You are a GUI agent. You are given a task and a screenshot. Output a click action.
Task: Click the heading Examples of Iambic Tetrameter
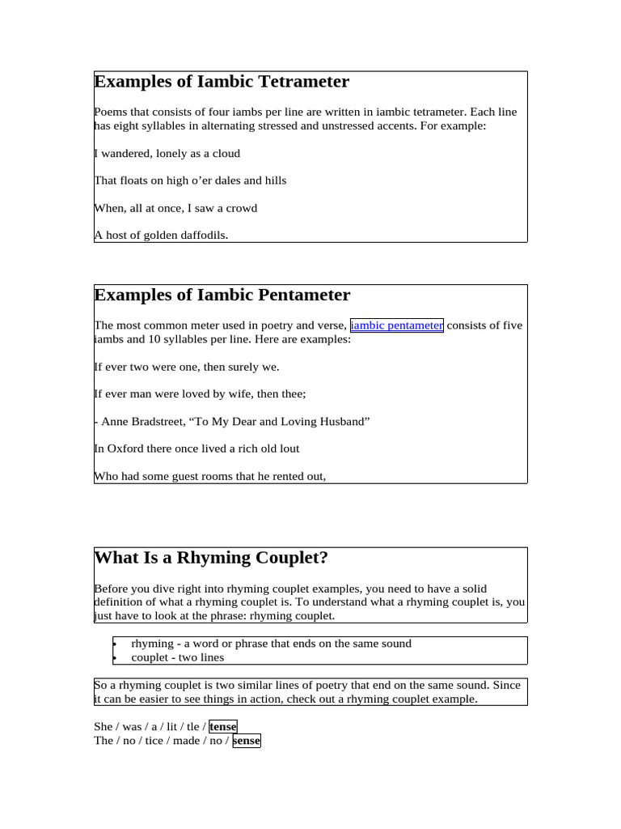click(x=222, y=82)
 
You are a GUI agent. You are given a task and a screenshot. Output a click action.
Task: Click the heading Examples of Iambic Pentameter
click(x=222, y=295)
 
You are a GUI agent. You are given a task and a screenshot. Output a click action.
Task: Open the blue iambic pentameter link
click(x=396, y=325)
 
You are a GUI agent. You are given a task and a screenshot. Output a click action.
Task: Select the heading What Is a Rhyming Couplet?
click(x=211, y=558)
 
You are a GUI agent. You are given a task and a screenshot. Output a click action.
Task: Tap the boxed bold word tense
click(x=223, y=727)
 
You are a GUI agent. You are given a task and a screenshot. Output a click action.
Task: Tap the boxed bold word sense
click(x=247, y=741)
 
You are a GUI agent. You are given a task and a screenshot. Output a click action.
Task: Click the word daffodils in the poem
click(x=200, y=236)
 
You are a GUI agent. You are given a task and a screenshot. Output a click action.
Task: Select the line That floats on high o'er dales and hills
click(x=190, y=181)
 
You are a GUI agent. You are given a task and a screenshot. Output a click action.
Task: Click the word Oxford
click(x=125, y=449)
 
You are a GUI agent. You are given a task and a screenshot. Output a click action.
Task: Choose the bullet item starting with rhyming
click(x=271, y=644)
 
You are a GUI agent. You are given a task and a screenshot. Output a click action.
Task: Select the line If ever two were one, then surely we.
click(x=187, y=367)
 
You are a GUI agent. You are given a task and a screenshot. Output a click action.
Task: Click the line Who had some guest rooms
click(x=210, y=476)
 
